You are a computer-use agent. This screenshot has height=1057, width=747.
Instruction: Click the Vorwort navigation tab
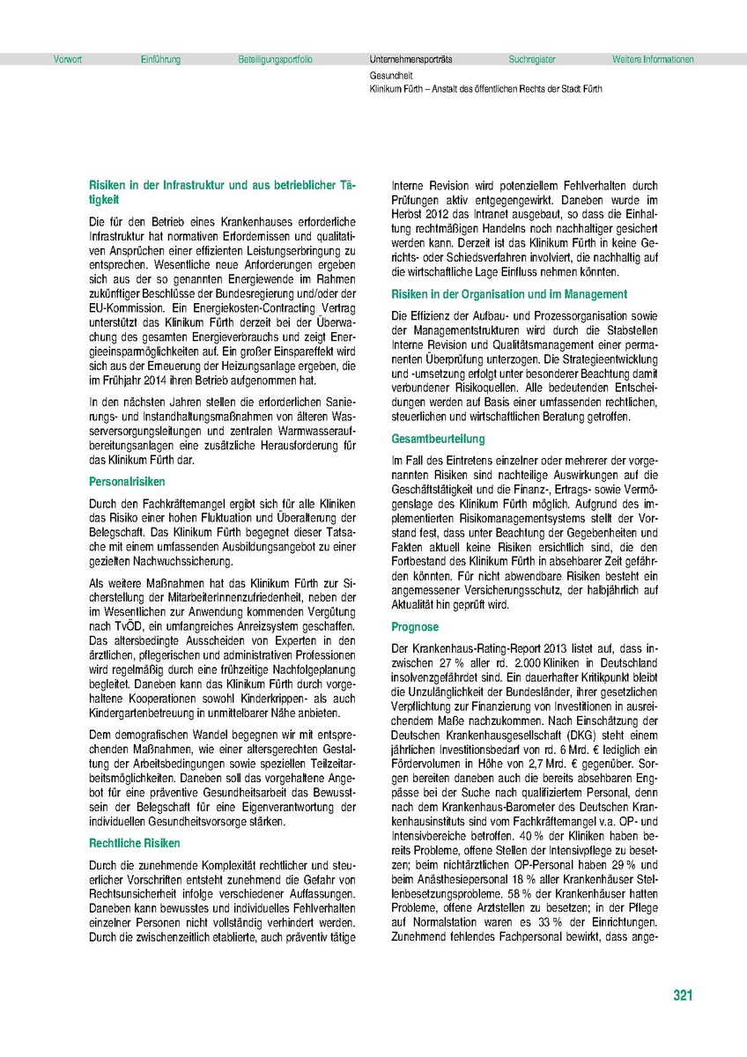(68, 60)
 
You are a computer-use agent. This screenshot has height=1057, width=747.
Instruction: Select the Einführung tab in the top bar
(160, 60)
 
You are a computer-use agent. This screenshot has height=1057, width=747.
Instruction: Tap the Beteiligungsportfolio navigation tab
(275, 60)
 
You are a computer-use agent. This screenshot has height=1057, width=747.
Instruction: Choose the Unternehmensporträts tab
(410, 60)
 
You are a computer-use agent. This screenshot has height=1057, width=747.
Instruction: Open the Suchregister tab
(532, 60)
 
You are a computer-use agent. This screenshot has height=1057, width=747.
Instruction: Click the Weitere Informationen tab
(653, 60)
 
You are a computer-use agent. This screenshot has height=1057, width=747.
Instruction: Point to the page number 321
(683, 995)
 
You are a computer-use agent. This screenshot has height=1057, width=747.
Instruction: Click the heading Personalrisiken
(127, 483)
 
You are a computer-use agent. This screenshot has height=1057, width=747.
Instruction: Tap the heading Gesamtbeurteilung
(439, 439)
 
